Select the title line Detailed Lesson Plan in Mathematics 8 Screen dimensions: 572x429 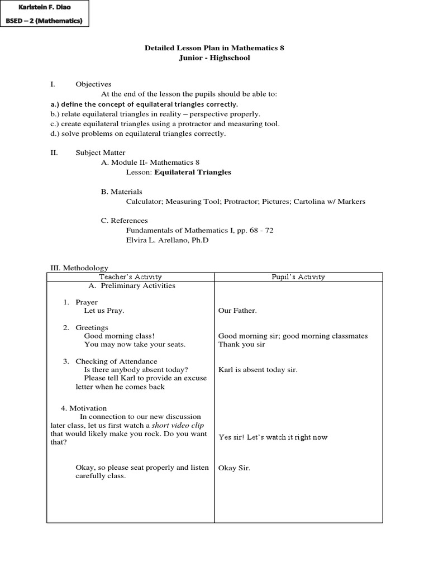click(x=214, y=48)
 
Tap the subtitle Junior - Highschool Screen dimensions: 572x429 click(x=214, y=58)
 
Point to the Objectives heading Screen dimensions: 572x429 click(x=93, y=84)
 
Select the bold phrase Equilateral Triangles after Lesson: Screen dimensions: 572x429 click(x=193, y=172)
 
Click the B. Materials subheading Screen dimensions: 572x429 click(x=121, y=192)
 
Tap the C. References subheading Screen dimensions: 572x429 click(x=124, y=221)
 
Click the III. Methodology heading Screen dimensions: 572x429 click(x=79, y=268)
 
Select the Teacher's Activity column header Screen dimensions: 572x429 click(x=130, y=277)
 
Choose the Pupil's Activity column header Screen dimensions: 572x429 click(x=298, y=277)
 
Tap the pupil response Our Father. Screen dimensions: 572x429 click(x=237, y=311)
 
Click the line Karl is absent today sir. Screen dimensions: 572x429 click(x=258, y=370)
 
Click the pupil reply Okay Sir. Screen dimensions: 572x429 click(x=234, y=468)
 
